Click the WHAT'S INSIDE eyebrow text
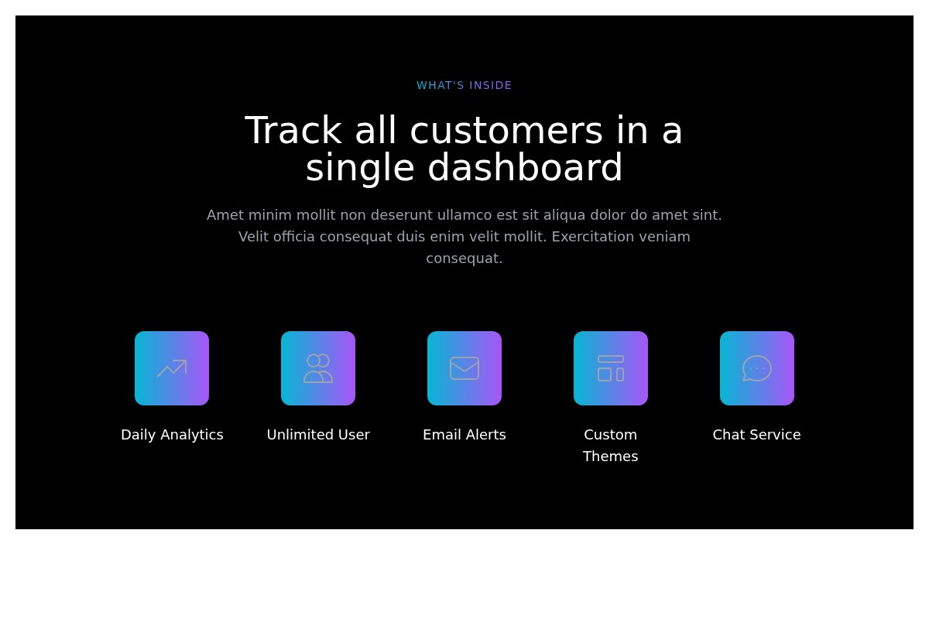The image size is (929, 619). (464, 85)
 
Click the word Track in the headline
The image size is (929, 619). (293, 130)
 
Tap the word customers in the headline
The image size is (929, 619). (506, 131)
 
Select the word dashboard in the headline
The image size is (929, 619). (525, 167)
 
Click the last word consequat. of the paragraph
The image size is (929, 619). (464, 258)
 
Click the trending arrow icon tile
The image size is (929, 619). (172, 368)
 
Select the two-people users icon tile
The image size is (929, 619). (318, 368)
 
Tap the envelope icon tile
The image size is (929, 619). (464, 368)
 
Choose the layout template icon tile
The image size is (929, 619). (611, 368)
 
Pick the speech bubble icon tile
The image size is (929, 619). (757, 368)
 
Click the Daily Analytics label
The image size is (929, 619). (172, 435)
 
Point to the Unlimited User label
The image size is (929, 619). (318, 435)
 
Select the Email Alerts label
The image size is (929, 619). (464, 435)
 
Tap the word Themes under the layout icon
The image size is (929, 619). (611, 456)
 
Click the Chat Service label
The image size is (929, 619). (757, 435)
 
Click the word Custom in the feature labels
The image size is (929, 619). (611, 435)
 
